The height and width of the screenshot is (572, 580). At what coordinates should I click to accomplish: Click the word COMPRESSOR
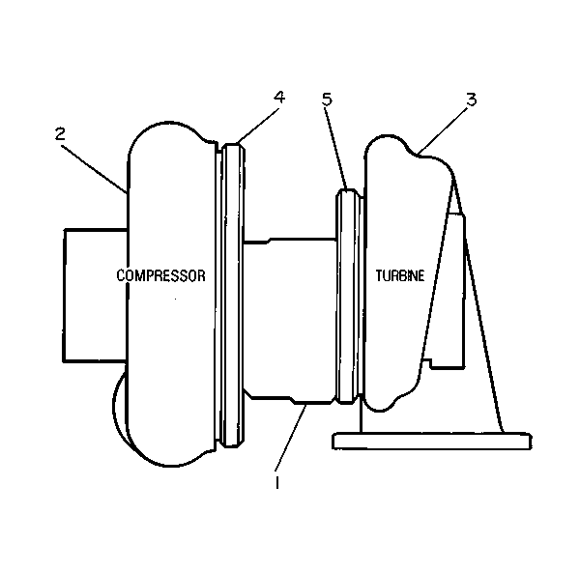pyautogui.click(x=160, y=275)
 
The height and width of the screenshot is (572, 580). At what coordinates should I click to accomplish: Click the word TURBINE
pyautogui.click(x=400, y=275)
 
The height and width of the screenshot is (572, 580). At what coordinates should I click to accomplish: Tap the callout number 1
pyautogui.click(x=277, y=483)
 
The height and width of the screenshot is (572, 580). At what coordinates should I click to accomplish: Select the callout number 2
pyautogui.click(x=60, y=133)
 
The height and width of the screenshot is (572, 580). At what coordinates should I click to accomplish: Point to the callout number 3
pyautogui.click(x=472, y=100)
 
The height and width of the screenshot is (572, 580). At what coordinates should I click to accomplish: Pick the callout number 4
pyautogui.click(x=279, y=97)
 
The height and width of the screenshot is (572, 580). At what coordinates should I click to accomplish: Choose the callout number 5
pyautogui.click(x=327, y=100)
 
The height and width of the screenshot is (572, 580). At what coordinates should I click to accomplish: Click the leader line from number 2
pyautogui.click(x=94, y=169)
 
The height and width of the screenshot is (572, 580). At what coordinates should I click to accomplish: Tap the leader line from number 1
pyautogui.click(x=291, y=438)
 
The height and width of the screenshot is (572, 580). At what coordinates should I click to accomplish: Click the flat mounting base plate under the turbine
pyautogui.click(x=432, y=441)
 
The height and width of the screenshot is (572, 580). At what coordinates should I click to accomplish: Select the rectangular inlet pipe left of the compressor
pyautogui.click(x=96, y=295)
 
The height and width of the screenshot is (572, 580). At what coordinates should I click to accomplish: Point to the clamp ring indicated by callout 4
pyautogui.click(x=232, y=295)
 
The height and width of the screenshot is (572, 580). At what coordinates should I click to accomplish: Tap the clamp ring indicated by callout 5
pyautogui.click(x=349, y=296)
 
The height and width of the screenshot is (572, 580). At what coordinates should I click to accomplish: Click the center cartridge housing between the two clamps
pyautogui.click(x=290, y=320)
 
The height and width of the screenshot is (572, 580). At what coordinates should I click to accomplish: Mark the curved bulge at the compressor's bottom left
pyautogui.click(x=118, y=407)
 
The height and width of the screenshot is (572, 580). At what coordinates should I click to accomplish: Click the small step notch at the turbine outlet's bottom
pyautogui.click(x=428, y=362)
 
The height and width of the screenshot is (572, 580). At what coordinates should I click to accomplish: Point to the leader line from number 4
pyautogui.click(x=256, y=125)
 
